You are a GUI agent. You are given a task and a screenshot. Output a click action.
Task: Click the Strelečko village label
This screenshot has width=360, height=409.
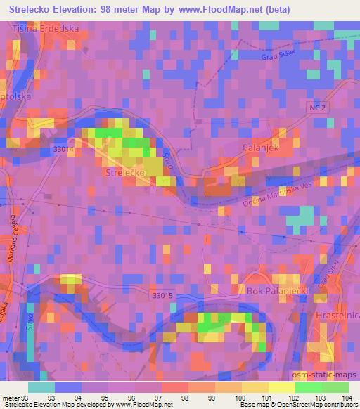click(124, 171)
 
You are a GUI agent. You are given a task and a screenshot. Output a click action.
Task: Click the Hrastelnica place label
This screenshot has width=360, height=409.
click(337, 317)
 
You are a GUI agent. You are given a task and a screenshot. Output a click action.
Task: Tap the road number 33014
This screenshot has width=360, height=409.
click(63, 149)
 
